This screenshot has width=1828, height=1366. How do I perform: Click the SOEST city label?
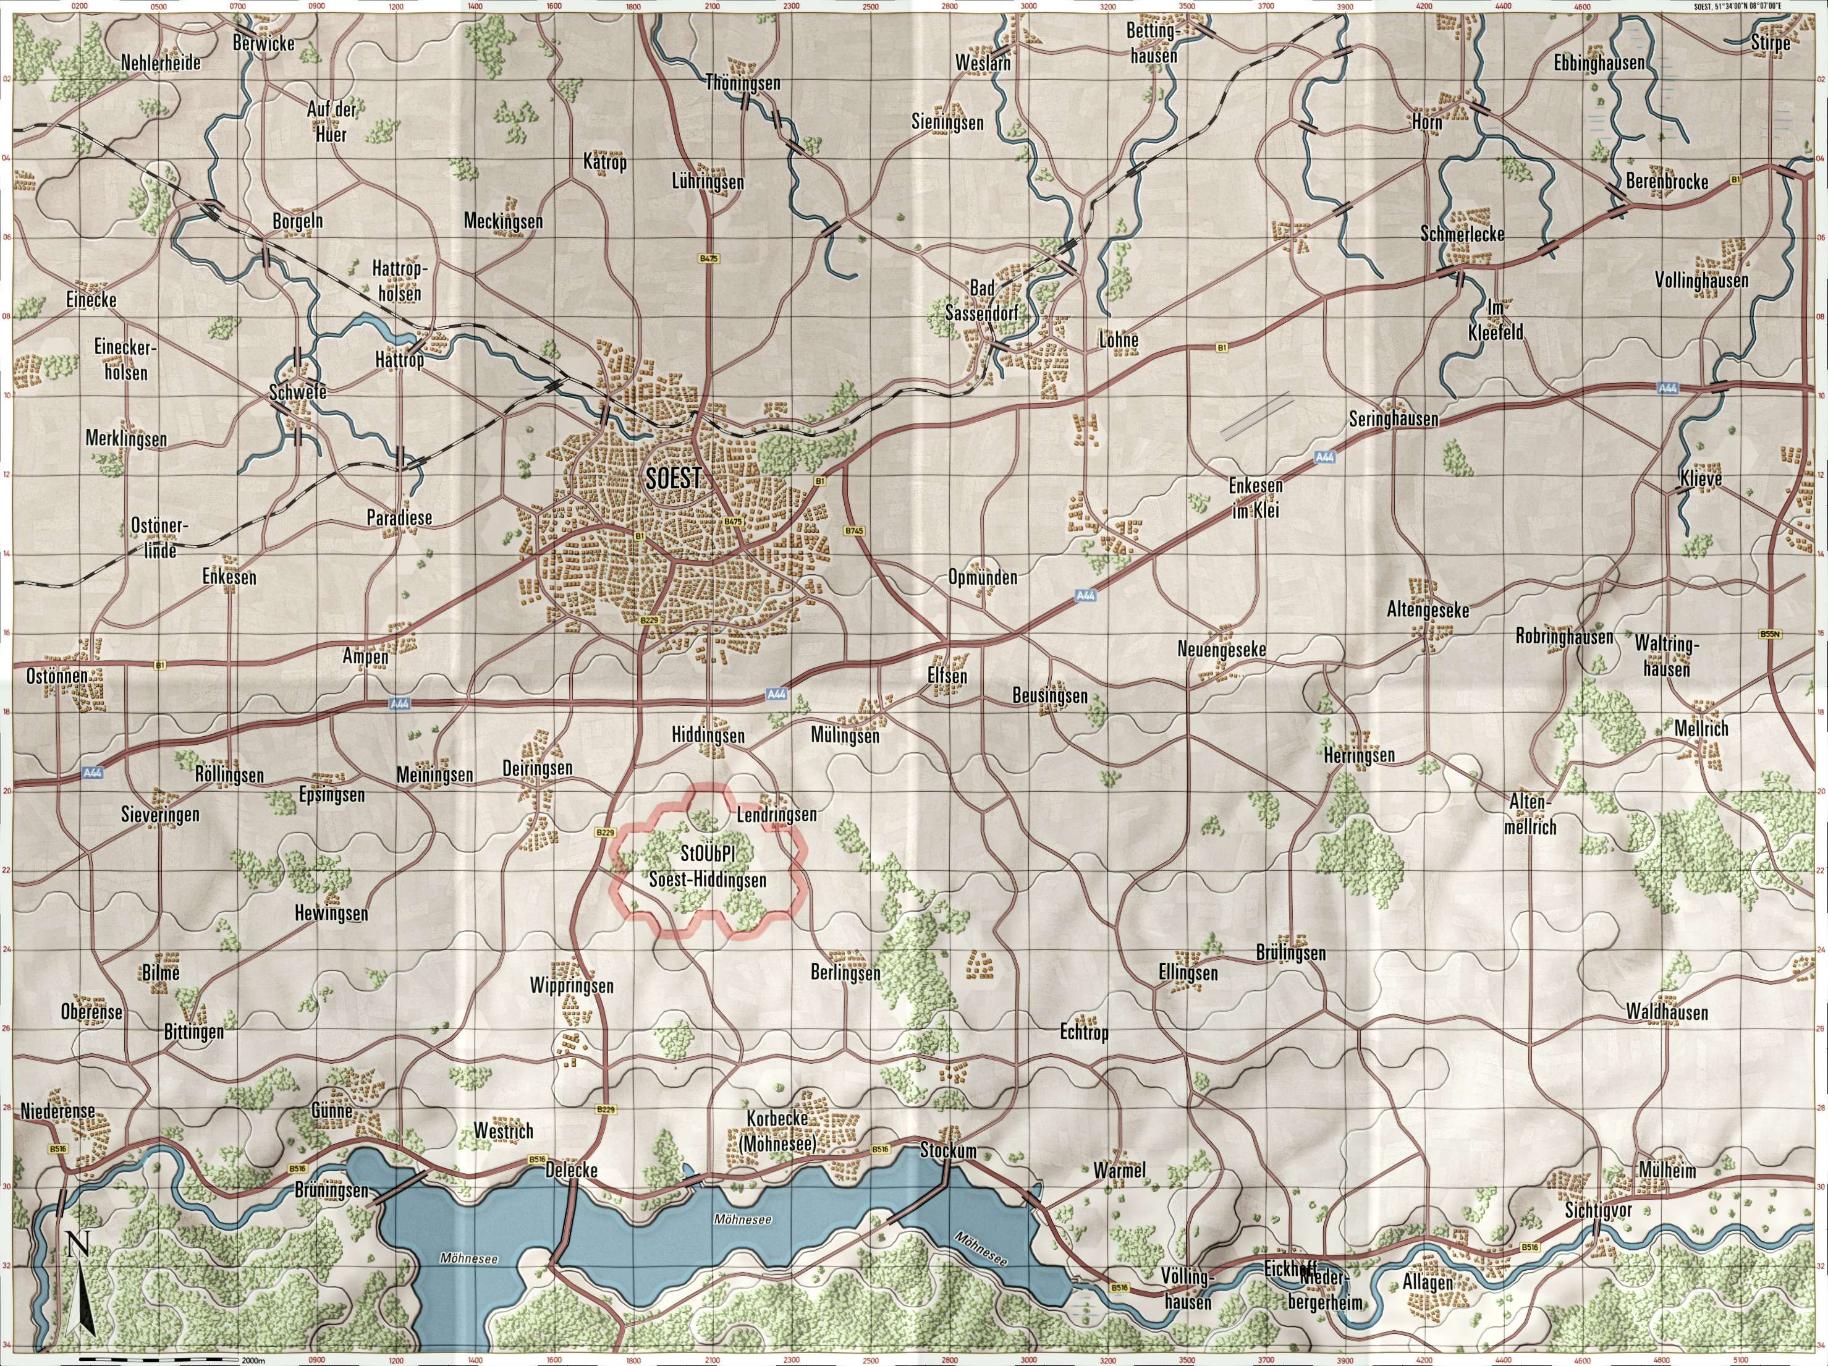(674, 478)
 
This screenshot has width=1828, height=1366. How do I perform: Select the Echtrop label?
(1083, 1032)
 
